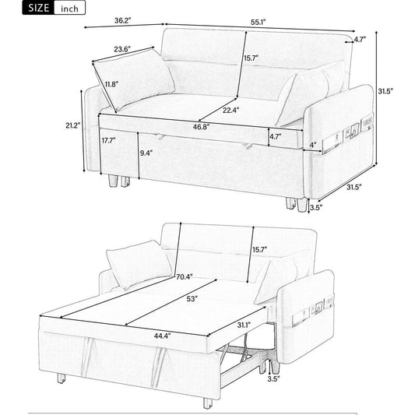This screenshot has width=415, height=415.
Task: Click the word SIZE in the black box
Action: (39, 8)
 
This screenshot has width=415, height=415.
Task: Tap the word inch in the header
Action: (69, 9)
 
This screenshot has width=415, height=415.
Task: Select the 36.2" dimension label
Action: (123, 20)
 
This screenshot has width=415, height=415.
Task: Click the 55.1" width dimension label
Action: (258, 23)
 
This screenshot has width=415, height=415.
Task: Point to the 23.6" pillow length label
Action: (122, 49)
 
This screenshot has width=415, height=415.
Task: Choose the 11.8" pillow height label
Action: (111, 84)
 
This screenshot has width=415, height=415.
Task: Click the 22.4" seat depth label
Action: (230, 110)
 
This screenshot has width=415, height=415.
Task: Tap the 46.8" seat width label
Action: (201, 127)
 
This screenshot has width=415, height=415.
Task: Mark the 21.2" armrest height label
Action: (72, 125)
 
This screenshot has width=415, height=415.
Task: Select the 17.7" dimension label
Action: (109, 140)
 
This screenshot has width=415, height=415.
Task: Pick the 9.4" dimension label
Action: (146, 153)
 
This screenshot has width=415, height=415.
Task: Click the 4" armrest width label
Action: (313, 145)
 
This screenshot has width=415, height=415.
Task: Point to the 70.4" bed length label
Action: (185, 277)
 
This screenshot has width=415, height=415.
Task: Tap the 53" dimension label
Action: (192, 299)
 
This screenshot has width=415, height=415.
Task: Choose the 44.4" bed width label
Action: (163, 336)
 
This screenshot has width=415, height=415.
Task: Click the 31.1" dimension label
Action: (244, 325)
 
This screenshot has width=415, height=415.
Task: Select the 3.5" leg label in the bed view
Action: (273, 378)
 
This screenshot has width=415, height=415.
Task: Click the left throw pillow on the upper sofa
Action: (134, 79)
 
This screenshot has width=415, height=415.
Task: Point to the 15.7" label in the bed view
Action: (259, 249)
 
